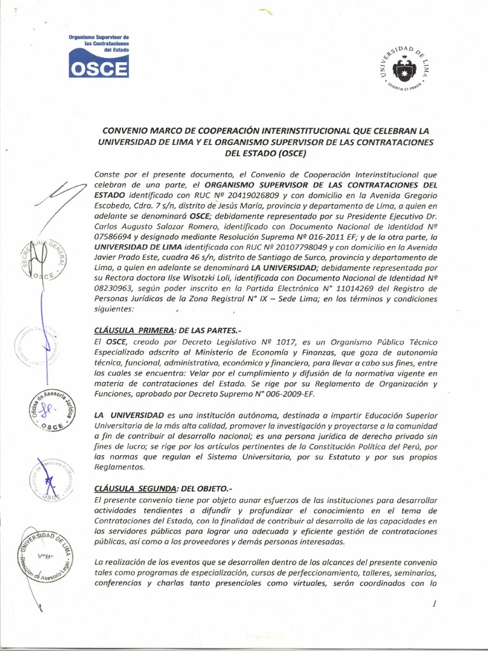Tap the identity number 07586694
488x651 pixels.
[114, 236]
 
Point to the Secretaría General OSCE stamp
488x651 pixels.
[44, 261]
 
